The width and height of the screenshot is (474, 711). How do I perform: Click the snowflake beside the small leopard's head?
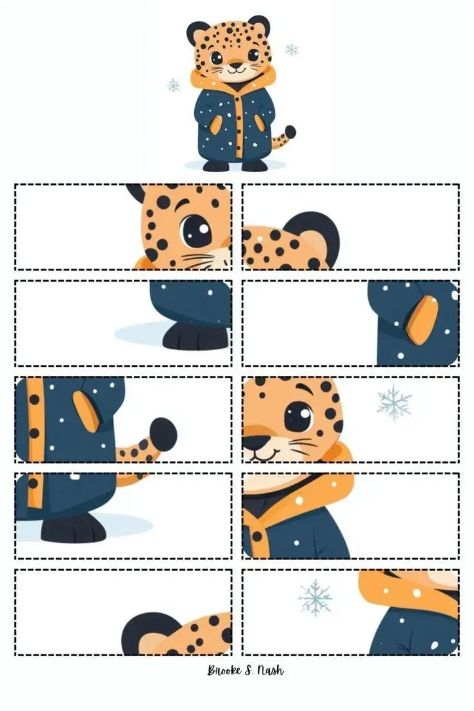coord(291,49)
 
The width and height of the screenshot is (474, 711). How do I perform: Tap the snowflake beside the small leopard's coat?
coord(173,85)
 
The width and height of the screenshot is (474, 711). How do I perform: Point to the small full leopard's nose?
coord(235,64)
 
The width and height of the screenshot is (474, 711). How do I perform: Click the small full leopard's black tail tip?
coord(290,132)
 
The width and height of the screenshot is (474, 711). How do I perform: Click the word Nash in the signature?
coord(271,670)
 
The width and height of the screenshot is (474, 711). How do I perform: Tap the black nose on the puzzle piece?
coord(255,442)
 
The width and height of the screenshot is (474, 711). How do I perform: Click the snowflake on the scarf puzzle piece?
coord(315,597)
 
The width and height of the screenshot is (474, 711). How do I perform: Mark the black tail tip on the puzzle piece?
coord(163,434)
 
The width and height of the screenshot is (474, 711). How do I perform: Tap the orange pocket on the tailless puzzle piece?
coord(422,319)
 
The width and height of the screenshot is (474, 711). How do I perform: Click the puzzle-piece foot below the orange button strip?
coord(74,530)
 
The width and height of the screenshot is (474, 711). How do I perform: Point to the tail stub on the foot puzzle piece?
coord(132,478)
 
